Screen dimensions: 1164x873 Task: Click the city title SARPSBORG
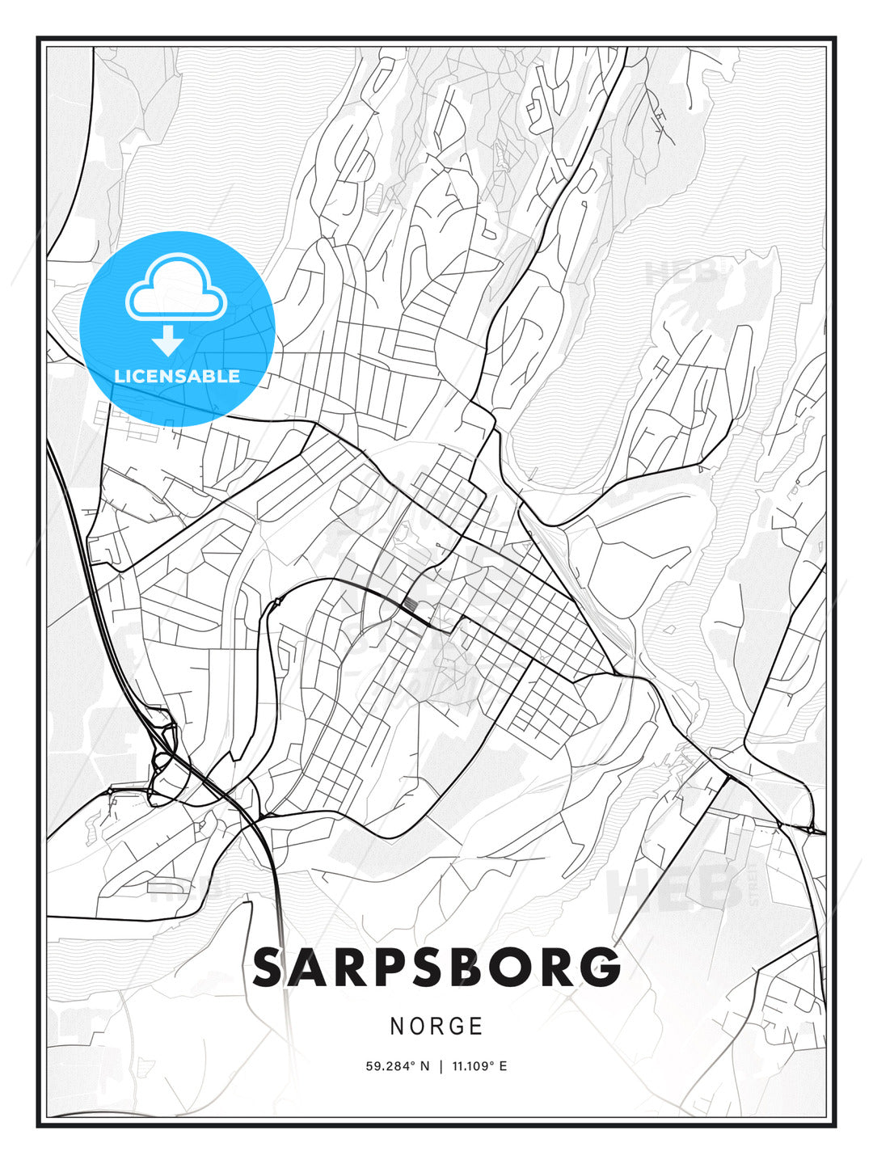coord(436,968)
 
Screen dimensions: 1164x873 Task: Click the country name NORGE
coord(436,1027)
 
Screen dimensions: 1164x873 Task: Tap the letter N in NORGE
coord(397,1027)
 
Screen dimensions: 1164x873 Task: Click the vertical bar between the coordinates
coord(441,1066)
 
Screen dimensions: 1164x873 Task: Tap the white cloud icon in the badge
coord(175,289)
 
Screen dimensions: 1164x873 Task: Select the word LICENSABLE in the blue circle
coord(177,376)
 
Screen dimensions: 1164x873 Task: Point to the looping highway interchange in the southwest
coord(164,760)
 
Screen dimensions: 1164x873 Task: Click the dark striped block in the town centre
coord(410,605)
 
